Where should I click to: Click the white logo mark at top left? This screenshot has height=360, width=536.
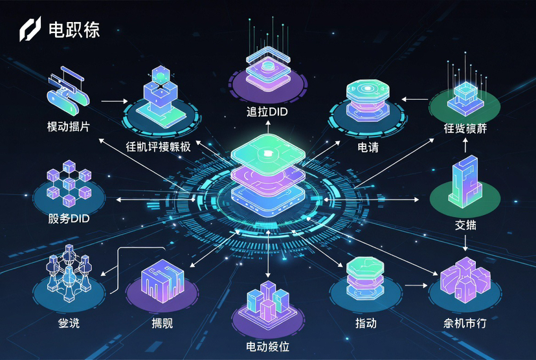click(x=30, y=29)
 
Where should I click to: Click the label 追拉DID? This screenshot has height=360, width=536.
click(x=266, y=112)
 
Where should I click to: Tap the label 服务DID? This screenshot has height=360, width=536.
click(x=69, y=219)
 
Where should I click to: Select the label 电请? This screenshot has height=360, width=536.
click(x=368, y=148)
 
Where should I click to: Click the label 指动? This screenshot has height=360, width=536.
click(x=366, y=322)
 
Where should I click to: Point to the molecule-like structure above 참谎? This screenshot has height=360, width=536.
click(x=68, y=277)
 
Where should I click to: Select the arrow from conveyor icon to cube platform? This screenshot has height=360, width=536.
click(x=115, y=101)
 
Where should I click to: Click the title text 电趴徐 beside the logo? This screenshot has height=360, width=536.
click(x=74, y=30)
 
